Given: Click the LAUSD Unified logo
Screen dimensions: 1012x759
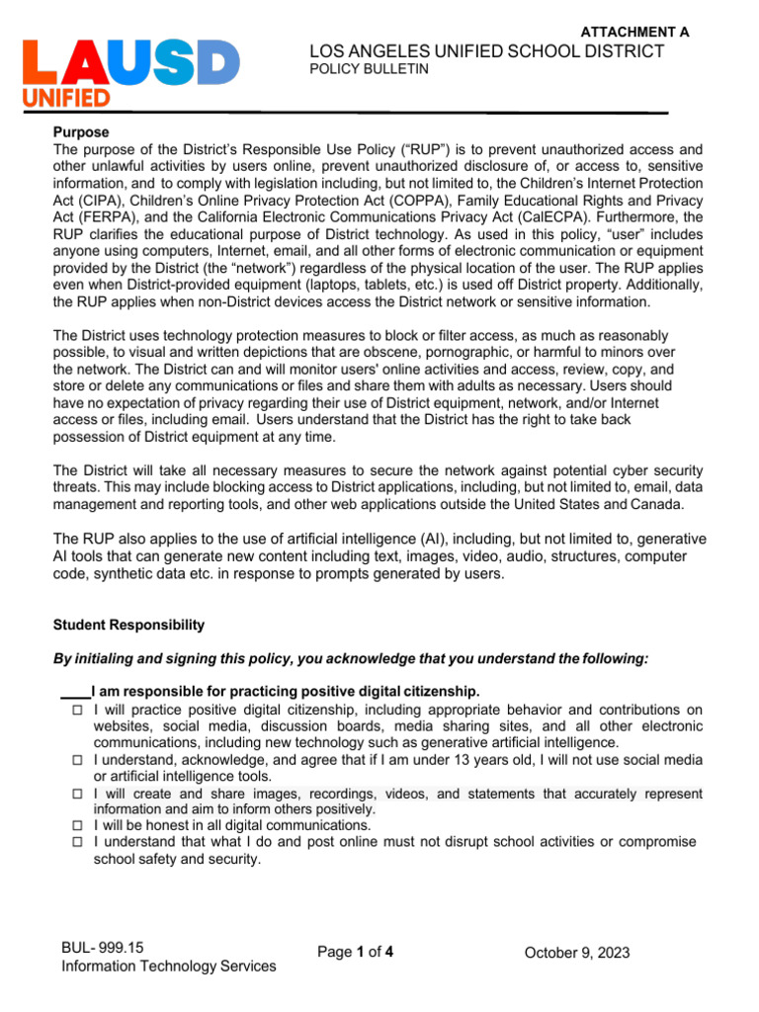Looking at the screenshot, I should (130, 72).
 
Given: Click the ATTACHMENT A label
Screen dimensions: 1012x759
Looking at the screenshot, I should (634, 32).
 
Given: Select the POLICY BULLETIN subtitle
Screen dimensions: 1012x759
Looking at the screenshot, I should (357, 70).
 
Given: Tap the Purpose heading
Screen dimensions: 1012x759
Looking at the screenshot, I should (81, 131).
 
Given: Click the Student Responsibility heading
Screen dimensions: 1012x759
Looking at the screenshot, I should (129, 625).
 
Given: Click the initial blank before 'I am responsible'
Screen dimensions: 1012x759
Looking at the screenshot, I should (75, 691).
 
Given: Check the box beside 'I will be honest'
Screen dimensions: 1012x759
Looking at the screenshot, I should (78, 826).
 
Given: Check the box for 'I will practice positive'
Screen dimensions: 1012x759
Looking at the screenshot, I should (78, 710).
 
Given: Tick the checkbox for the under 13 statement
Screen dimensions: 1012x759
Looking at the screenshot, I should (78, 760).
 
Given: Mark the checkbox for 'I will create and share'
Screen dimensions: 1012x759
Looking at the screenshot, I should (78, 794).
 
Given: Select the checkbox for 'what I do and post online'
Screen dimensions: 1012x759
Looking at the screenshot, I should (78, 843).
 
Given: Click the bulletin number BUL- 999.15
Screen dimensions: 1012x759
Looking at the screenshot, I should (103, 948).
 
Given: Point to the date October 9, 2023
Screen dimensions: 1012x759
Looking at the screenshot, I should (577, 953).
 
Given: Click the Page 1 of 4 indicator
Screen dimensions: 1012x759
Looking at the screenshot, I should (357, 953).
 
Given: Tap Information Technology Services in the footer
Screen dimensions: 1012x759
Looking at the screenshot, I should (169, 967).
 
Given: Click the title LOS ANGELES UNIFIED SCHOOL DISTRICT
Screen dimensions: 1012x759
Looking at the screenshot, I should (486, 51).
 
